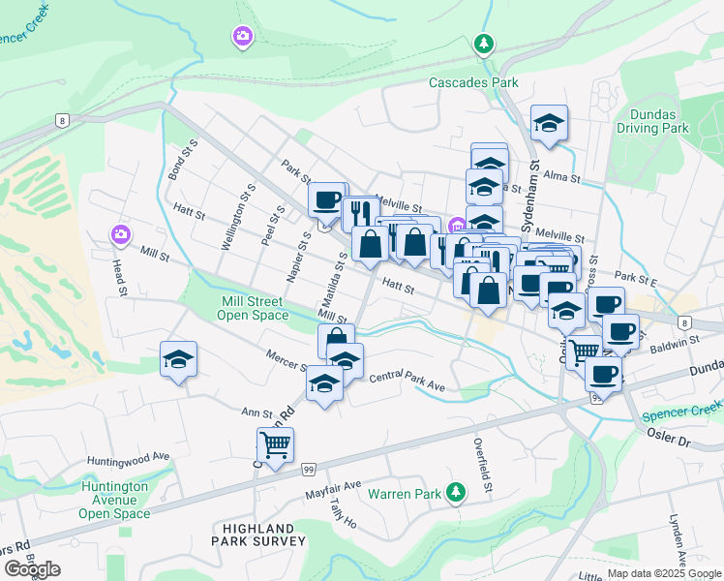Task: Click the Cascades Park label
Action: click(x=474, y=82)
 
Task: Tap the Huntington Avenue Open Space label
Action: click(x=114, y=500)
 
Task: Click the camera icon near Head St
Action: click(x=121, y=233)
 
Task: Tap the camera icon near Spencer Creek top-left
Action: click(x=242, y=37)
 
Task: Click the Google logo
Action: click(x=32, y=569)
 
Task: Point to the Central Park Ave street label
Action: click(x=407, y=381)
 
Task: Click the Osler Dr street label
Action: click(x=669, y=442)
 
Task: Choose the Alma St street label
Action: click(x=559, y=178)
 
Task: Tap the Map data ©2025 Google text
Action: click(x=663, y=572)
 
